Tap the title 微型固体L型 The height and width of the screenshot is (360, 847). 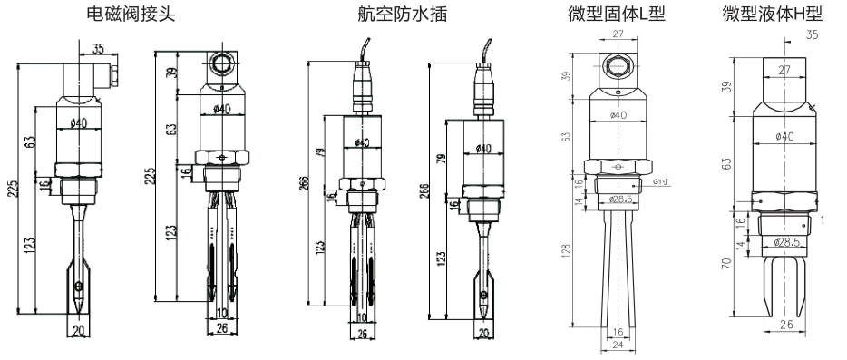pyautogui.click(x=617, y=15)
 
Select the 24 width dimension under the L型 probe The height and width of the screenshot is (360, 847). pyautogui.click(x=617, y=345)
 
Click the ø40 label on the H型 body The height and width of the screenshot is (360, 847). pyautogui.click(x=786, y=136)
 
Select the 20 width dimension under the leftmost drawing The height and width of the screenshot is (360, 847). pyautogui.click(x=78, y=331)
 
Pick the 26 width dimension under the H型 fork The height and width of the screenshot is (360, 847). pyautogui.click(x=786, y=324)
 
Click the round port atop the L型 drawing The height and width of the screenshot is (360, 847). pyautogui.click(x=618, y=66)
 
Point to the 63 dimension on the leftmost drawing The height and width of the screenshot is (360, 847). pyautogui.click(x=30, y=142)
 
